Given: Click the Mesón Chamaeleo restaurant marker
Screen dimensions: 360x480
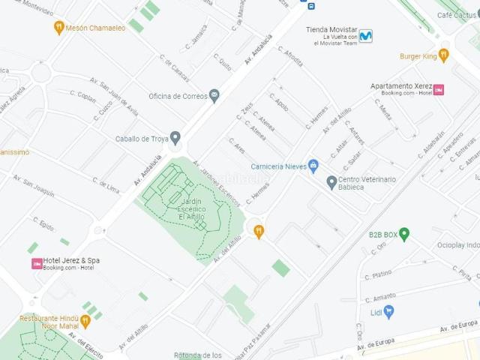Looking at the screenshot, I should pos(58,28).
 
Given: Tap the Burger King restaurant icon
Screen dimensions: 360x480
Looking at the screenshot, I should pos(443,55).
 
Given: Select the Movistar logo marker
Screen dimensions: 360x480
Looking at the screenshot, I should pos(365,35).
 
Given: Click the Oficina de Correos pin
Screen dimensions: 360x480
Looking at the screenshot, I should pos(214,96).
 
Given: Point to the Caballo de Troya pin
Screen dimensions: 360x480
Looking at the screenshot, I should pos(175,138).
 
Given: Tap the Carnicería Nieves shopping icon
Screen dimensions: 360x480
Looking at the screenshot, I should pos(313,166).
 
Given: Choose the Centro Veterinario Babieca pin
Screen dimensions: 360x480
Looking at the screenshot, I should pos(331,182).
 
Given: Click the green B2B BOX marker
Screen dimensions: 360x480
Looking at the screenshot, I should pos(404,234).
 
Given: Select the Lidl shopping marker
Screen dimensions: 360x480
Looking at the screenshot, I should pos(388,312).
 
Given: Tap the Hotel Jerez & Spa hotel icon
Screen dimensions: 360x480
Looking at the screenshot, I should pos(37,263).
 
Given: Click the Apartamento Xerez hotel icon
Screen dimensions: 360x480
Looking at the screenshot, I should pos(439,89).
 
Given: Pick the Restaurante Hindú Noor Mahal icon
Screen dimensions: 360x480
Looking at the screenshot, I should pos(85,322).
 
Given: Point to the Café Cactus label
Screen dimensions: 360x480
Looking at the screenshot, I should pos(457,15).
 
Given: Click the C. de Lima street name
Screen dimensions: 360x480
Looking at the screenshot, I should pos(106,184).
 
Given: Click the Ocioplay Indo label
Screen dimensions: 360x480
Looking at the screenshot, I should pos(457,245).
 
